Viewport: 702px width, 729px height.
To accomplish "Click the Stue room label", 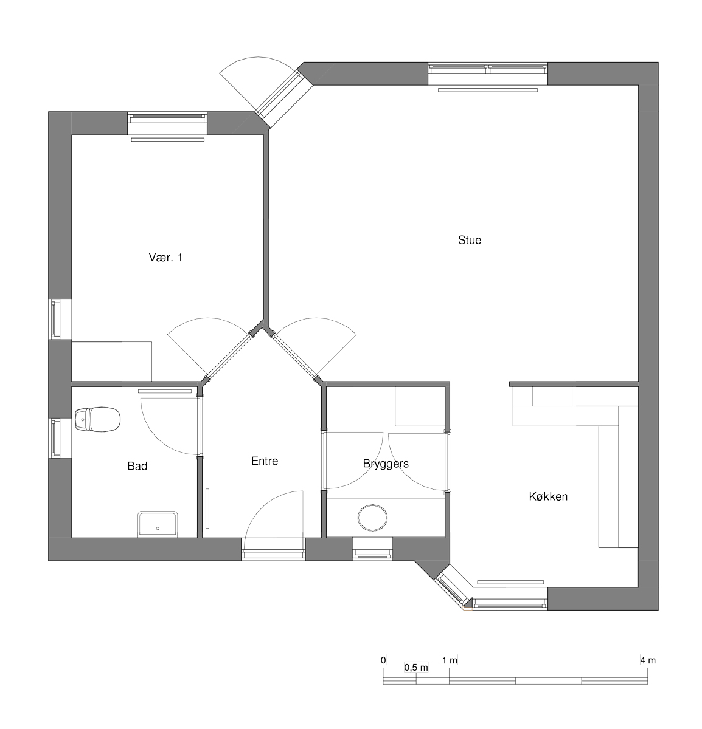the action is coord(470,240).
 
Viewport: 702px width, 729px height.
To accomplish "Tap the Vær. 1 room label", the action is coord(165,258).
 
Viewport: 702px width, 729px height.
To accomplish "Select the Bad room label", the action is coord(137,466).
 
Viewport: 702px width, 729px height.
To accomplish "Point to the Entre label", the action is coord(265,461).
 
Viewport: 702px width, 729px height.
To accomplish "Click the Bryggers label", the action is coord(386,464).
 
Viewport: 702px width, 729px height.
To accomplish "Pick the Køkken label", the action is coord(548,497).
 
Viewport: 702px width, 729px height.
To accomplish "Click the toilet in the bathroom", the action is coord(97,419).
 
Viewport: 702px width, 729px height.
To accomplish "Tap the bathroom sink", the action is coord(158,524).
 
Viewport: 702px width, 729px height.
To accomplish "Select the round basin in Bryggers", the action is coord(372,518).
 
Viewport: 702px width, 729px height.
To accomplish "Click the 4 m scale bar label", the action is coord(648,660).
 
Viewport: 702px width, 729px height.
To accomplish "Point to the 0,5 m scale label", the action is coord(416,668).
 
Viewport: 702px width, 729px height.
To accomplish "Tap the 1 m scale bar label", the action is coord(450,660).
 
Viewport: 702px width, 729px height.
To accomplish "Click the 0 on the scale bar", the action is coord(383,660).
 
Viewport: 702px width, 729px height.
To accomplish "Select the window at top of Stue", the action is coord(488,74).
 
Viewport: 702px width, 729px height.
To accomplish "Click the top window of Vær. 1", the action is coord(167,123).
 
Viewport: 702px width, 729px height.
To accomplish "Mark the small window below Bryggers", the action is coord(372,549).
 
